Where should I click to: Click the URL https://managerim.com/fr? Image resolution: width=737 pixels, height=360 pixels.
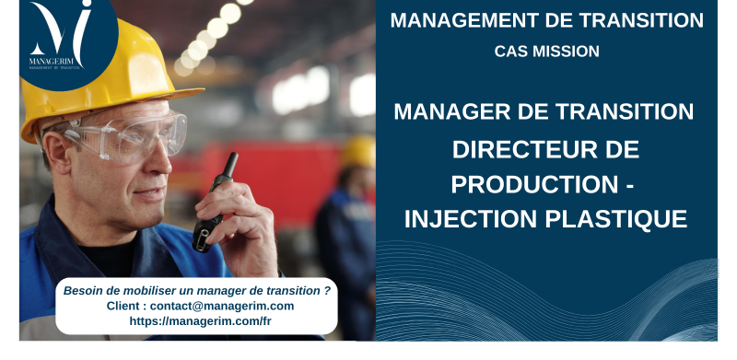200,321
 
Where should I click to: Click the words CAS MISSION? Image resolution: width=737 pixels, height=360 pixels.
546,52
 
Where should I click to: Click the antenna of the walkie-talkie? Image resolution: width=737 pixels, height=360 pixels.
230,166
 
